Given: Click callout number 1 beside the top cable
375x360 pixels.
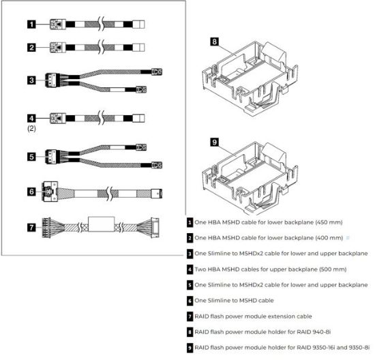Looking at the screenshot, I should (x=31, y=24).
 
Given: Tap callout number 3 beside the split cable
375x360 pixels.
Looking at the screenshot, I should (x=31, y=80).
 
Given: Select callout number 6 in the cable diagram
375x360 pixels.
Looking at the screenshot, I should (x=31, y=192).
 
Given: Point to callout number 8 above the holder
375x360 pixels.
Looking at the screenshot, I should (x=214, y=41).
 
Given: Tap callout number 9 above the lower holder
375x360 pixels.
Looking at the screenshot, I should (x=214, y=144).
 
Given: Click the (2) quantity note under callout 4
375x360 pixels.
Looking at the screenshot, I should (x=31, y=127).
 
